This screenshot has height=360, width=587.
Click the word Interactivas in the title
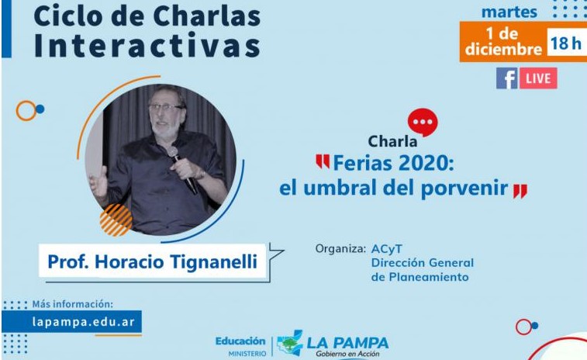pyautogui.click(x=147, y=45)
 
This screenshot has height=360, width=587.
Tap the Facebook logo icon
pyautogui.click(x=507, y=78)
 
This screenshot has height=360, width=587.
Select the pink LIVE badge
pyautogui.click(x=538, y=78)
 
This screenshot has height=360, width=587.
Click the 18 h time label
pyautogui.click(x=565, y=43)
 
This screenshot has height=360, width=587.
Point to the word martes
pyautogui.click(x=509, y=12)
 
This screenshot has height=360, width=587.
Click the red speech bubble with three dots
pyautogui.click(x=423, y=122)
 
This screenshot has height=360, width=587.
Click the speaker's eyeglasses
pyautogui.click(x=165, y=108)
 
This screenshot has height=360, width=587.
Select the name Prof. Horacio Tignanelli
pyautogui.click(x=152, y=261)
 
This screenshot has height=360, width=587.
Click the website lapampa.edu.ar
pyautogui.click(x=83, y=322)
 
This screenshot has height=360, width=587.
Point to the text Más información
pyautogui.click(x=72, y=304)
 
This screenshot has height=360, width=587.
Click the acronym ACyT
pyautogui.click(x=387, y=249)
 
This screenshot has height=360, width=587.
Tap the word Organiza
pyautogui.click(x=340, y=249)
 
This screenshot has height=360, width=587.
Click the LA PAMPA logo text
pyautogui.click(x=348, y=342)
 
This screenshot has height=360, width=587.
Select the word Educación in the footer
pyautogui.click(x=240, y=341)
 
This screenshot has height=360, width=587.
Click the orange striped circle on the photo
pyautogui.click(x=116, y=220)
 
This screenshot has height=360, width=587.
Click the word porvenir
pyautogui.click(x=464, y=189)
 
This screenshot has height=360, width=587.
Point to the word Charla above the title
pyautogui.click(x=392, y=142)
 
